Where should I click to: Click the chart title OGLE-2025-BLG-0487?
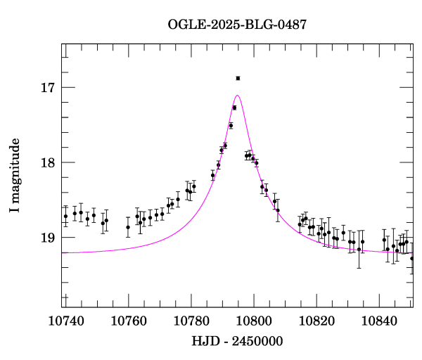click(x=237, y=25)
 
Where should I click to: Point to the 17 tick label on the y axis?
click(x=47, y=88)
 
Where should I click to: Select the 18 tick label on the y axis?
click(x=47, y=162)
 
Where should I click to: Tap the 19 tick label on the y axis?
click(x=47, y=238)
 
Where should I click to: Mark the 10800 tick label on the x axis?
click(x=253, y=321)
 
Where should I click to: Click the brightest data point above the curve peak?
click(x=238, y=78)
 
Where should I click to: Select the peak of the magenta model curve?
click(x=238, y=95)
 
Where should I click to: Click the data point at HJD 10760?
click(x=128, y=227)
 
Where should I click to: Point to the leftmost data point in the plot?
click(x=65, y=217)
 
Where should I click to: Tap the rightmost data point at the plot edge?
click(x=412, y=258)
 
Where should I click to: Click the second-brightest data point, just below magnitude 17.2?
click(x=234, y=108)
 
